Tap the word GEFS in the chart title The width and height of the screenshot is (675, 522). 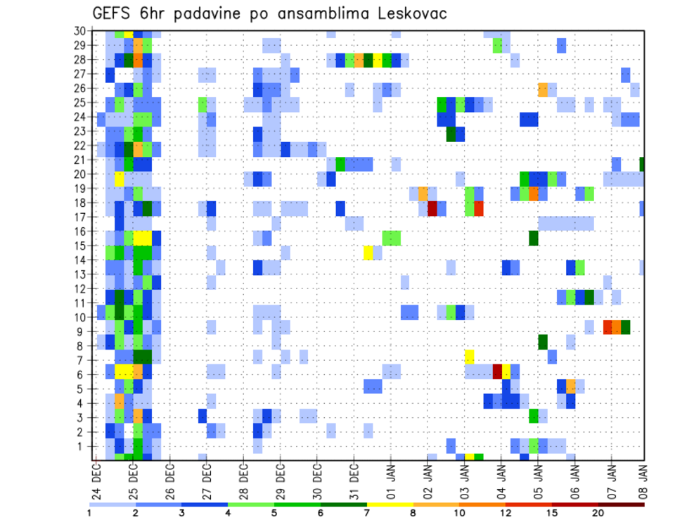(115, 14)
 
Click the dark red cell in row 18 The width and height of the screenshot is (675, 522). (432, 208)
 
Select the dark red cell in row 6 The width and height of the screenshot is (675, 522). (497, 371)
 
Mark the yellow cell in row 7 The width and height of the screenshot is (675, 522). (470, 356)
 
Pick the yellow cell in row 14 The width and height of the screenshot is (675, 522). (368, 253)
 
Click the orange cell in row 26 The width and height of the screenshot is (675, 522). (543, 89)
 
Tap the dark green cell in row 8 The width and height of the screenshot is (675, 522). (543, 342)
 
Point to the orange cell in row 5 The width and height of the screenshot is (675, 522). (571, 386)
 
